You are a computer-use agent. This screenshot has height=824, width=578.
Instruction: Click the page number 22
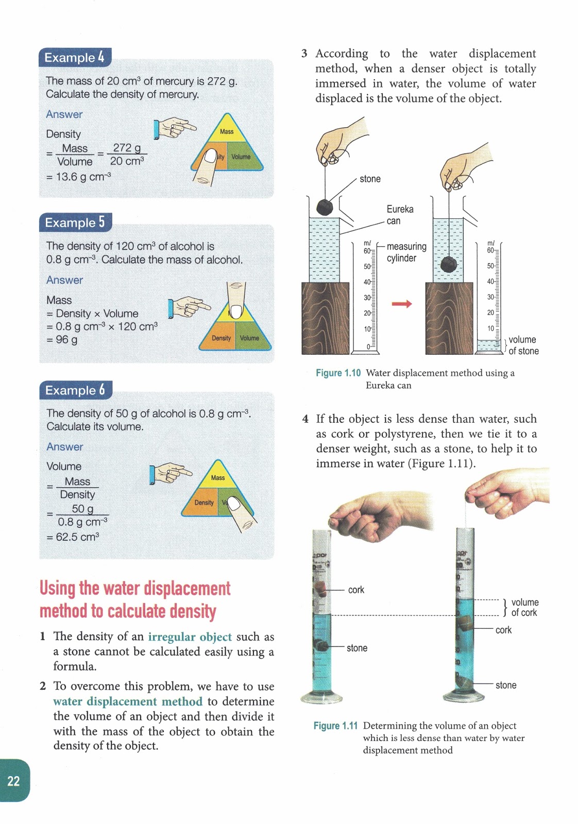point(13,781)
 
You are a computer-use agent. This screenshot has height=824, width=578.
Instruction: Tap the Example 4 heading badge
point(75,57)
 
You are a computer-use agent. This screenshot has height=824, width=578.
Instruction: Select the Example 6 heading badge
point(75,390)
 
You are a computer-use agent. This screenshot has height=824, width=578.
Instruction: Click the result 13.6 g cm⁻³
point(79,177)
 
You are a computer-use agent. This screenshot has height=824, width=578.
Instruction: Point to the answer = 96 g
point(62,339)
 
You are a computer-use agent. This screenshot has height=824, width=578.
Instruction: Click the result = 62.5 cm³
point(73,537)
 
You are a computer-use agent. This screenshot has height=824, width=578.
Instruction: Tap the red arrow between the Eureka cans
point(402,304)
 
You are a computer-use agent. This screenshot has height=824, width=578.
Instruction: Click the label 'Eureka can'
point(400,215)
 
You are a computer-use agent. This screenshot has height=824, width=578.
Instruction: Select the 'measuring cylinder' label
point(406,252)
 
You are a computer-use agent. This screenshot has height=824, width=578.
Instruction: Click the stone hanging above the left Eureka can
point(324,207)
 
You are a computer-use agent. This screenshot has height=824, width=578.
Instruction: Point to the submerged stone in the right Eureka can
point(449,265)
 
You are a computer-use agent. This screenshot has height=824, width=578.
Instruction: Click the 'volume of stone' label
point(523,345)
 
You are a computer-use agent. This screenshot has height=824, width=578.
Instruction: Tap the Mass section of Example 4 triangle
point(227,132)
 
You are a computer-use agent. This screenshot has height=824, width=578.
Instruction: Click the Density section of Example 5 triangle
point(221,338)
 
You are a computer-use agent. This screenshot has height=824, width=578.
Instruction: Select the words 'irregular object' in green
point(190,637)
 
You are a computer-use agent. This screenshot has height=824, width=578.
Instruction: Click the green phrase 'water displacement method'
point(128,701)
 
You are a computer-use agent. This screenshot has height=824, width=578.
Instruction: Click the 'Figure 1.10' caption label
point(338,373)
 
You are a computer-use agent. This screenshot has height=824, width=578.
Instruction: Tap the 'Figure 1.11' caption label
point(335,726)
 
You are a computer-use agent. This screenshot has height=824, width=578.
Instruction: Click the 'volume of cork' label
point(524,607)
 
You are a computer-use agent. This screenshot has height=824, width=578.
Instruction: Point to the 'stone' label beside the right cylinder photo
point(505,685)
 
